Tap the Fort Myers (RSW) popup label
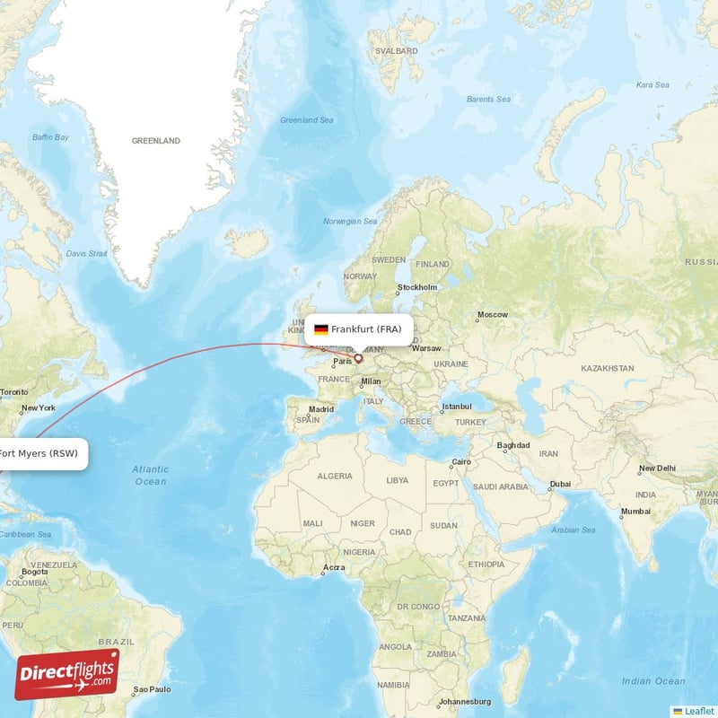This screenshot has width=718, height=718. (x=41, y=453)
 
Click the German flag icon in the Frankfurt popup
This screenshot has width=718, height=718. (x=320, y=329)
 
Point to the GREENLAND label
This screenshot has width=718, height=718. (x=156, y=141)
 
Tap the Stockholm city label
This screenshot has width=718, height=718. (x=417, y=287)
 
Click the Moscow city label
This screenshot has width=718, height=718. (x=492, y=315)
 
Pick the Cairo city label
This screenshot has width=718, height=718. (x=460, y=462)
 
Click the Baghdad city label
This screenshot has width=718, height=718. (x=512, y=445)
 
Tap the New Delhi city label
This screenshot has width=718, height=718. (x=656, y=468)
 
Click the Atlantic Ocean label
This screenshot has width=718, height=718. (x=150, y=475)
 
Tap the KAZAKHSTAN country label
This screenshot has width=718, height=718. (x=608, y=368)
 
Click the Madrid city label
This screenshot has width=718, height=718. (x=320, y=409)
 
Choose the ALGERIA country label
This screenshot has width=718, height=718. (x=335, y=476)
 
